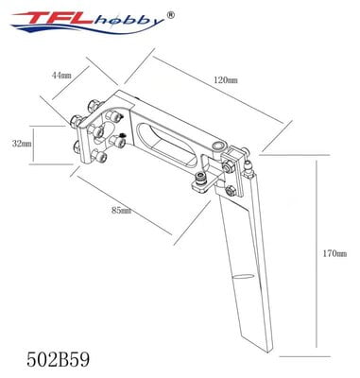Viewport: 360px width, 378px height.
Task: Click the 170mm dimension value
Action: tap(333, 253)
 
